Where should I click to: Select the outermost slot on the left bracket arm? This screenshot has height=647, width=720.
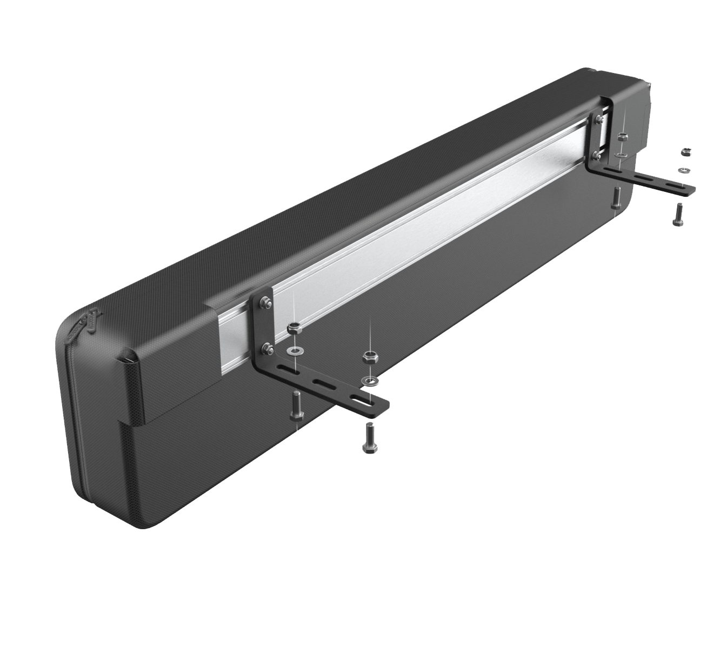(x=359, y=400)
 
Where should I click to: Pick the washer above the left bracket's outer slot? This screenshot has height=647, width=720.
(x=371, y=381)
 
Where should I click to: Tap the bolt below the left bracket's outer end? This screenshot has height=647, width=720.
(x=370, y=437)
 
